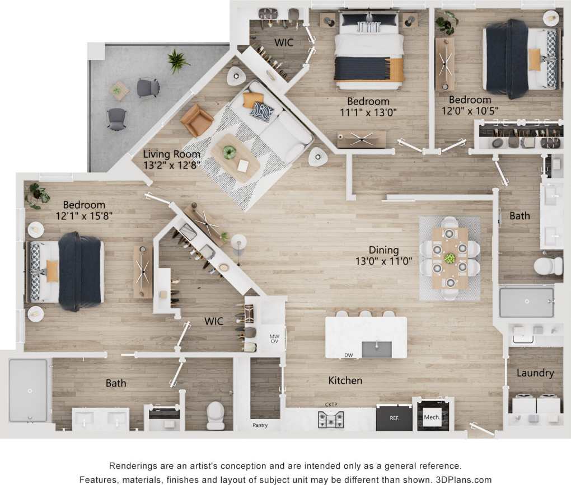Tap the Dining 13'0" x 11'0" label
(383, 255)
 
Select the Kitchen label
(345, 380)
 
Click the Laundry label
(535, 373)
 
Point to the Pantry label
(260, 425)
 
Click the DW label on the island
(348, 355)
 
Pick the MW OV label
(274, 338)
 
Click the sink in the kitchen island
(377, 349)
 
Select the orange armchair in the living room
(196, 120)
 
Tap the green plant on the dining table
(450, 258)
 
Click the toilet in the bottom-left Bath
(216, 415)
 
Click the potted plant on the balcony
(177, 60)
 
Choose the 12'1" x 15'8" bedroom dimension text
(83, 216)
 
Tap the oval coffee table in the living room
(235, 157)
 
